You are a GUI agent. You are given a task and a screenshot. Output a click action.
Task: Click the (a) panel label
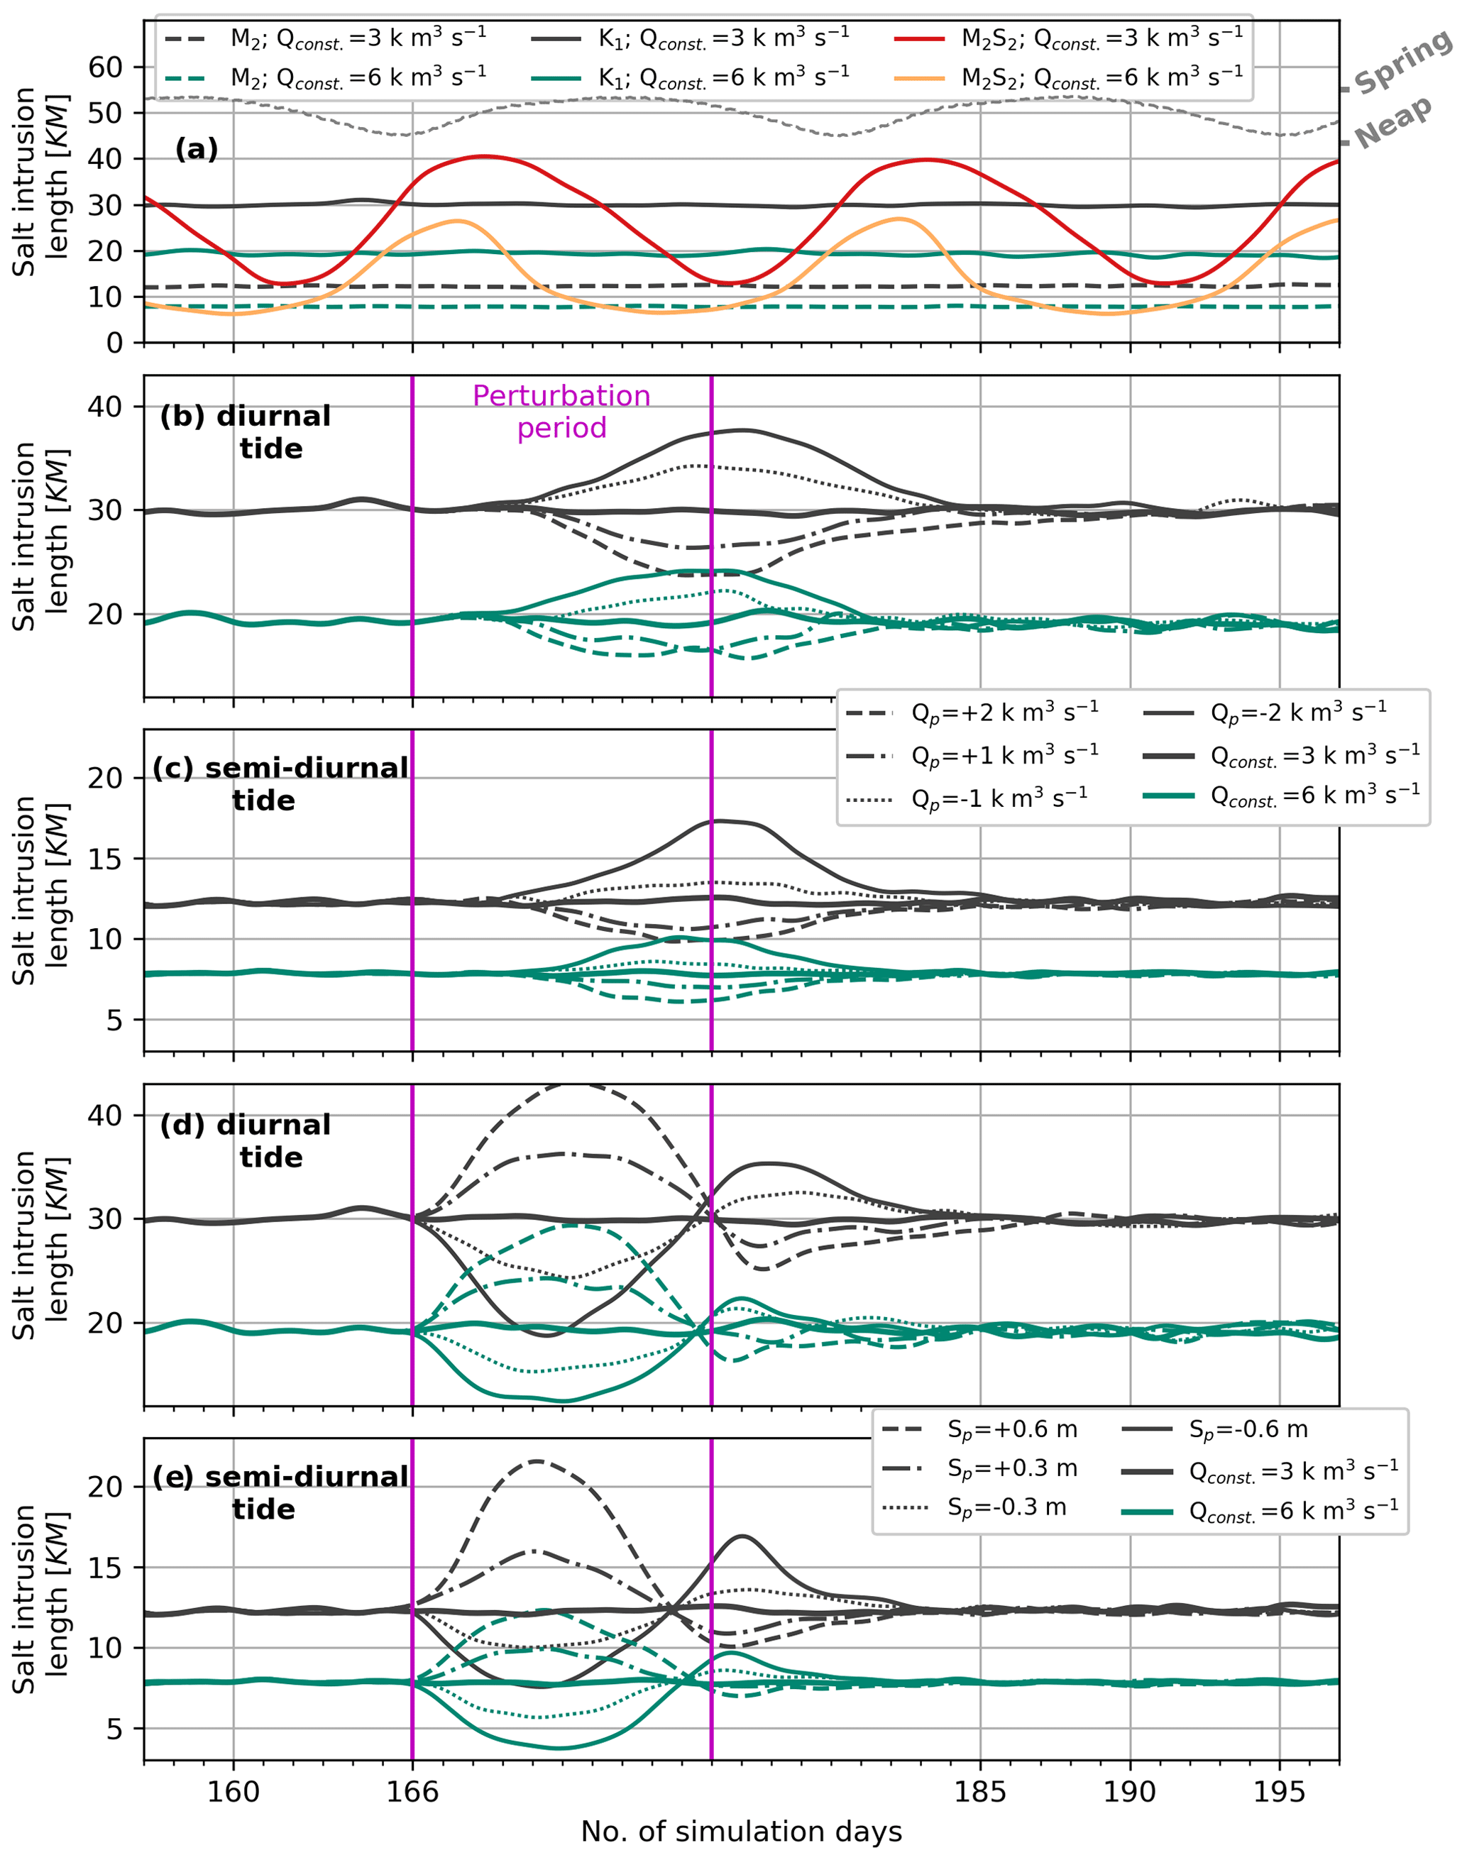tap(197, 150)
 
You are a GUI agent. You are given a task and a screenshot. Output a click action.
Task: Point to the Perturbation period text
tap(561, 412)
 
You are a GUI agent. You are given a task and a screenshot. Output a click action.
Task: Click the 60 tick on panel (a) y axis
tap(106, 67)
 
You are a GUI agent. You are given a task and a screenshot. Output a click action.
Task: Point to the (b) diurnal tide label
tap(246, 432)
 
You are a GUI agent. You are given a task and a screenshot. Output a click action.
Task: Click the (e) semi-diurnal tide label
tap(280, 1492)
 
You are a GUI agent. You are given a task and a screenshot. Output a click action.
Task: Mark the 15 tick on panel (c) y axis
tap(106, 859)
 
